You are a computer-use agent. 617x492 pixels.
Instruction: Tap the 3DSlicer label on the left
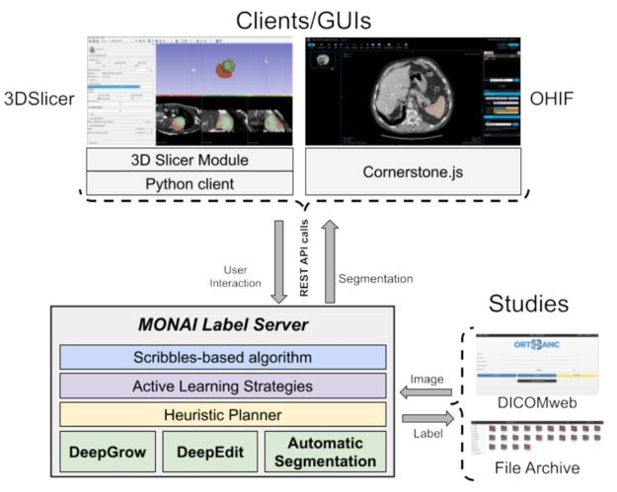click(x=39, y=99)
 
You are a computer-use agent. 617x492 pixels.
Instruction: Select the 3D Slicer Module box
click(x=190, y=160)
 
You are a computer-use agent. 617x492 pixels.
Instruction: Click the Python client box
click(x=190, y=182)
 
